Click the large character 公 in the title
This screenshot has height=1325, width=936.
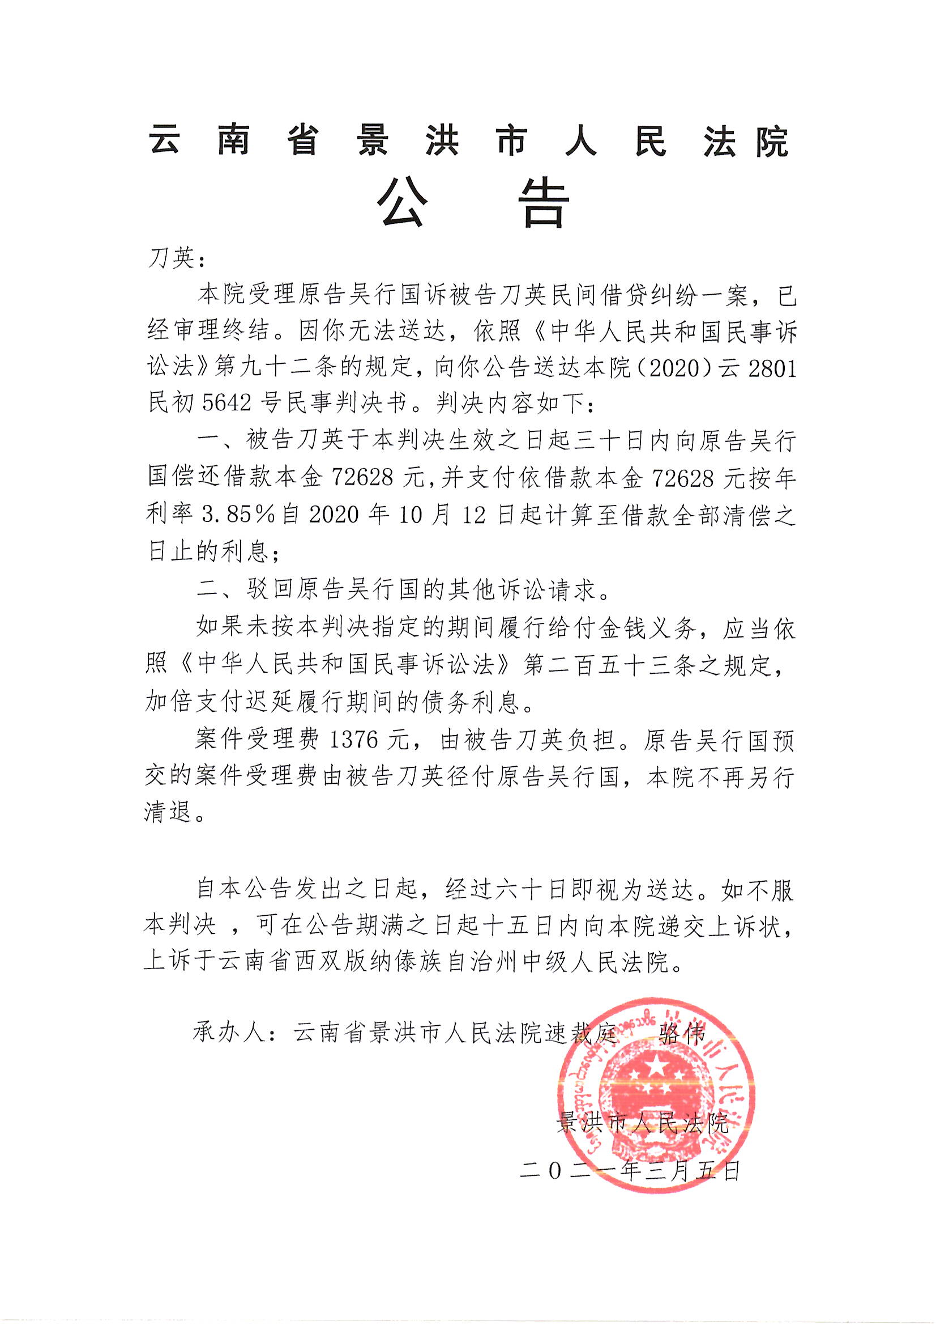pyautogui.click(x=403, y=203)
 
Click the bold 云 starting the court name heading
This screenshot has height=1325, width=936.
pyautogui.click(x=165, y=140)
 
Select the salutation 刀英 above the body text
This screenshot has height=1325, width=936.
pyautogui.click(x=172, y=259)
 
